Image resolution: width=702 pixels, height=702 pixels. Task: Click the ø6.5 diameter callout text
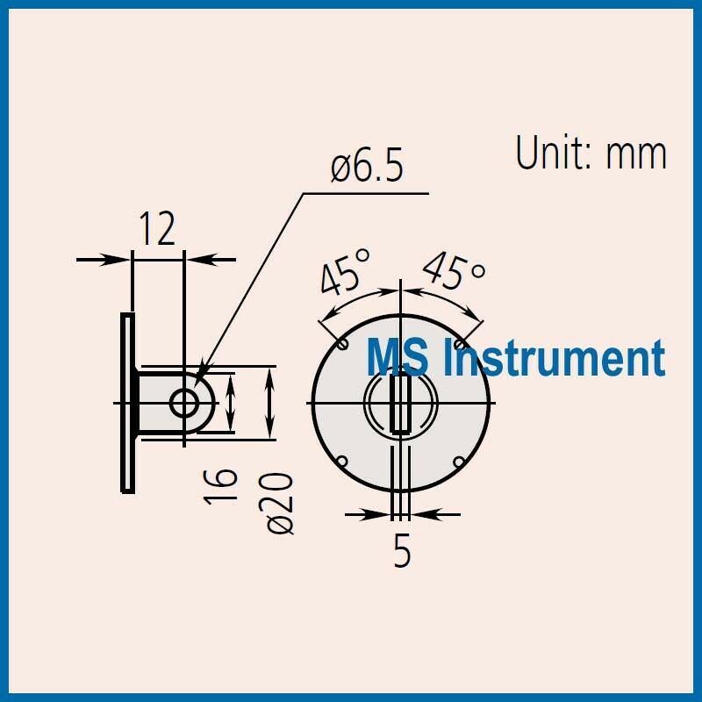(367, 167)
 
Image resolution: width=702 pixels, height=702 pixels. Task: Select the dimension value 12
(157, 229)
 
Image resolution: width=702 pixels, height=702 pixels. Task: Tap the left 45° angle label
(345, 273)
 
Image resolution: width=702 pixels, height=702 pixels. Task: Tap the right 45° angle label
(454, 273)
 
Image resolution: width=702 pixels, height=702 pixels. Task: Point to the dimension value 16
(225, 484)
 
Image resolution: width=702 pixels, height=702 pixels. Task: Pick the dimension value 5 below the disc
(402, 552)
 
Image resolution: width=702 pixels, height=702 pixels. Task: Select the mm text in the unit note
(637, 154)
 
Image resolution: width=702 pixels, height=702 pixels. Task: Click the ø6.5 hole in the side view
(184, 403)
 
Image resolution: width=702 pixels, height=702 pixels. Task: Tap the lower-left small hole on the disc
(343, 462)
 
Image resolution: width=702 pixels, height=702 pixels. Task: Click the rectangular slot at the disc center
(401, 403)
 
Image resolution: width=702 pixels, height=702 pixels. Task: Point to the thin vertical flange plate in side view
(127, 403)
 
